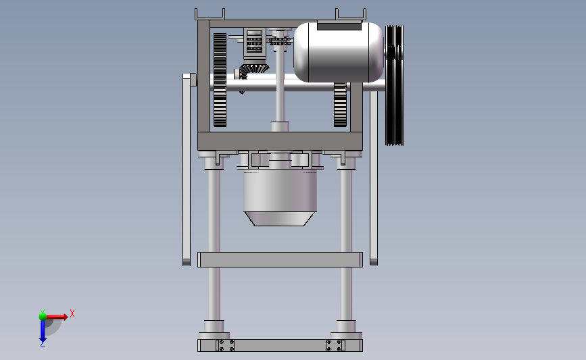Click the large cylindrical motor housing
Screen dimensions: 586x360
pos(339,52)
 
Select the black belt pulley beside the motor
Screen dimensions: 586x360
pos(394,85)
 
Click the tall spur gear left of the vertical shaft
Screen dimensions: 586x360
pos(220,80)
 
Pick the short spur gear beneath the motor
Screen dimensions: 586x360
pos(340,105)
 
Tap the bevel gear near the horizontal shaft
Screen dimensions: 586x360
pos(253,70)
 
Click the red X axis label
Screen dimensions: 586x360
pos(72,313)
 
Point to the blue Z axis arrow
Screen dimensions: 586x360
pos(43,331)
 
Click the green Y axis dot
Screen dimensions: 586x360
pos(43,317)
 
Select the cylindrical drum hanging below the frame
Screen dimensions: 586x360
pos(280,190)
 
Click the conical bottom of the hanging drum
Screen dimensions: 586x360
pos(280,219)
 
